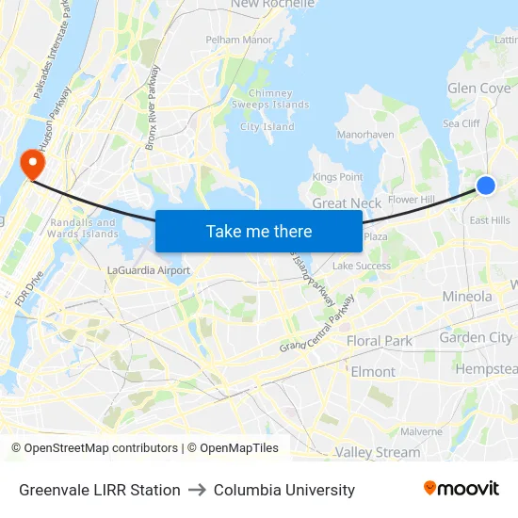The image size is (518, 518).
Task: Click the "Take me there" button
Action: pos(258,231)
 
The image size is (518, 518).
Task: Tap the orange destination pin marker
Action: pos(33,165)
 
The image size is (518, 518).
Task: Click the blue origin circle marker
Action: pos(486,186)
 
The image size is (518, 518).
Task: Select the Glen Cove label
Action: pos(478,89)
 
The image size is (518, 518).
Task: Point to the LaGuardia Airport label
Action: pos(149,270)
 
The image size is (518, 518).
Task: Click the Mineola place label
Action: pos(467,297)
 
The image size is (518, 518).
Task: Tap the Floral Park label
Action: pos(380,341)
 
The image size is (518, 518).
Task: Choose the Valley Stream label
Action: pos(378,452)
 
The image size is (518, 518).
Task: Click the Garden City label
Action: pos(476,338)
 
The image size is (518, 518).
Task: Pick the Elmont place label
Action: pos(373,372)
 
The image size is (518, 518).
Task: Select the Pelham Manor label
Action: pos(239,40)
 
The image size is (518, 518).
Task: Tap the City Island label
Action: pos(267,127)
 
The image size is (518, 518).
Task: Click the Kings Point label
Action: pos(337,177)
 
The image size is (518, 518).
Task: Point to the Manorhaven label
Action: pos(365,135)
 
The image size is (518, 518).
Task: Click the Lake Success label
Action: pos(362,267)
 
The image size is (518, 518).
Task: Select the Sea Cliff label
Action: pos(461,123)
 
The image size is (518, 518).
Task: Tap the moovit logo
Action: pos(461,489)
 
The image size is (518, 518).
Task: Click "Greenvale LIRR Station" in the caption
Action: pos(100,490)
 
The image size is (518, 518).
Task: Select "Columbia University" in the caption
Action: pos(284,490)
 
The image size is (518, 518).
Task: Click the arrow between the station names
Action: pos(197,490)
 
